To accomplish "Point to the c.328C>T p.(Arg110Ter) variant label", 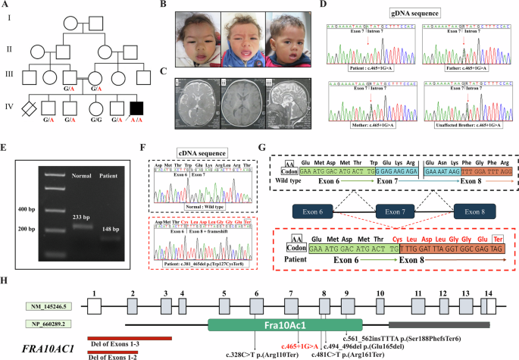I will pyautogui.click(x=260, y=353).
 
